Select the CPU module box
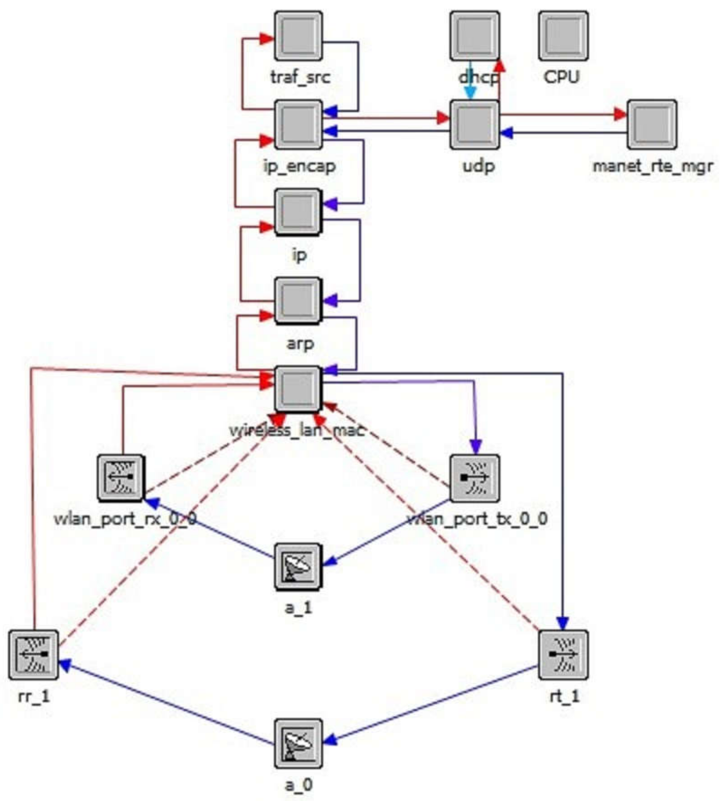(563, 36)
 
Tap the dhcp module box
(474, 36)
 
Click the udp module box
(474, 124)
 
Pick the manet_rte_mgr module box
(652, 124)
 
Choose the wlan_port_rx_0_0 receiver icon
(121, 478)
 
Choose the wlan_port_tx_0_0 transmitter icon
(474, 478)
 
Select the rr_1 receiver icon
(34, 655)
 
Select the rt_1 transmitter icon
(563, 655)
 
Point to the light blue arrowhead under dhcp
(470, 93)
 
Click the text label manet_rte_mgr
(653, 166)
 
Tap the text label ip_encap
(300, 166)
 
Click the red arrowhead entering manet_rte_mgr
(620, 115)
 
